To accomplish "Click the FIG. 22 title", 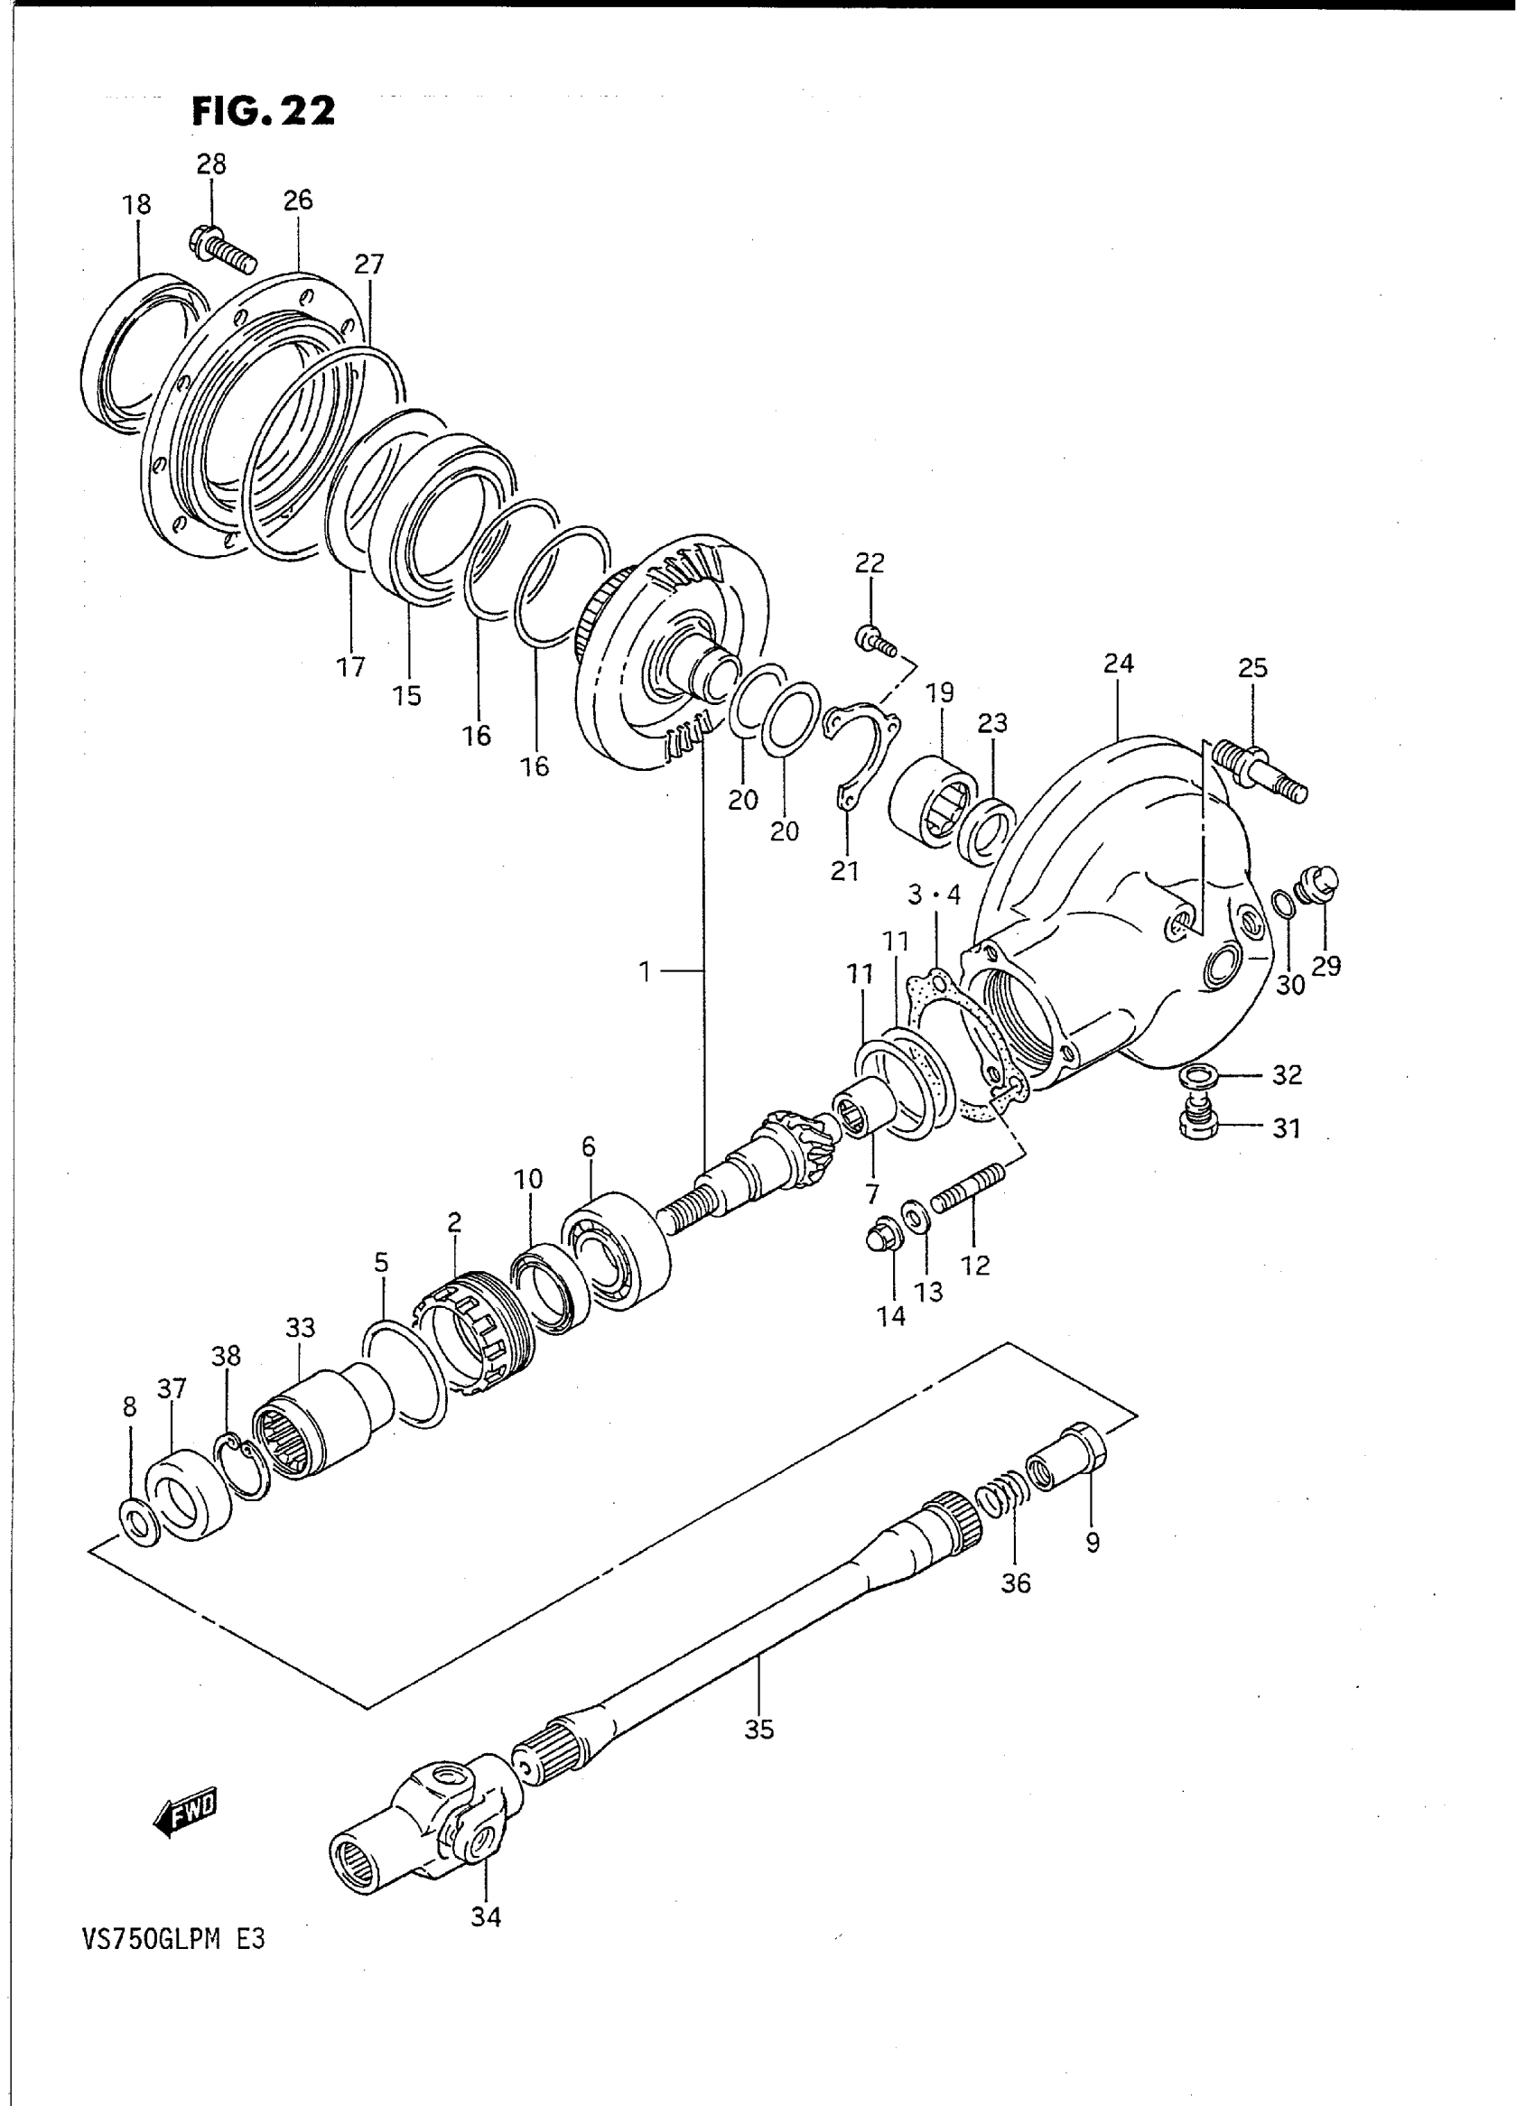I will pos(263,111).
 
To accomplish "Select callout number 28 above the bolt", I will pos(211,164).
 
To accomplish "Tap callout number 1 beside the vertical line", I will pos(645,971).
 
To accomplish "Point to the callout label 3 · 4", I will pos(934,895).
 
